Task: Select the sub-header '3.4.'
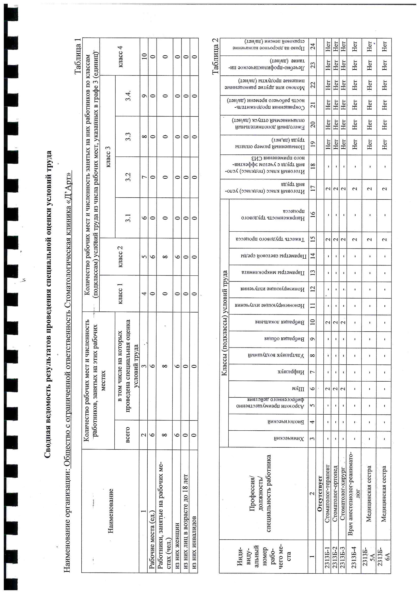pos(128,96)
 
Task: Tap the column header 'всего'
pos(127,435)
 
